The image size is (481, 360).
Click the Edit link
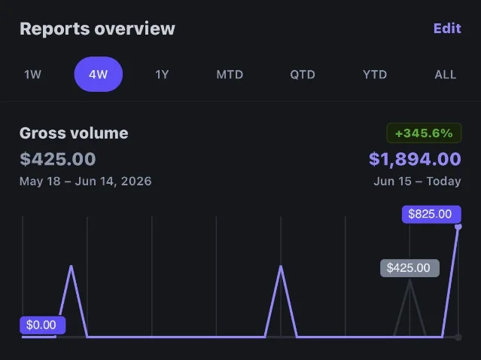point(447,29)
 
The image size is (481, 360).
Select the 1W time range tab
point(32,75)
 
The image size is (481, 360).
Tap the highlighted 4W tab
point(98,75)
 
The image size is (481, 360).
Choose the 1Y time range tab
point(162,75)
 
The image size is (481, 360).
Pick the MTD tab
point(230,75)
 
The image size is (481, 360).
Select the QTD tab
point(303,75)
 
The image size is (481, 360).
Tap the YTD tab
point(375,75)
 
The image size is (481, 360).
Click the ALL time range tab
point(446,75)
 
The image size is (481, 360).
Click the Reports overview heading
point(97,29)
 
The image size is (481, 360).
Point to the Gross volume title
point(74,133)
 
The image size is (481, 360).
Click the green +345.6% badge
point(424,133)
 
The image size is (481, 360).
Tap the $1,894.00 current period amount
point(415,159)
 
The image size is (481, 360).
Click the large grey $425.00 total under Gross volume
point(58,159)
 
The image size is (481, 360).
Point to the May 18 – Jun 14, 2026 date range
point(86,181)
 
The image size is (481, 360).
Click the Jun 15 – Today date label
point(417,181)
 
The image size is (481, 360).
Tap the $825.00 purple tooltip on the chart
point(431,214)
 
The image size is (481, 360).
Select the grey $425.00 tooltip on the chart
point(409,268)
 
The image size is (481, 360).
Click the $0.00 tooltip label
point(42,325)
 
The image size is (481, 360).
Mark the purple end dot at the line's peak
point(458,227)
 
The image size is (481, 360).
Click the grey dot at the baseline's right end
point(458,337)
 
